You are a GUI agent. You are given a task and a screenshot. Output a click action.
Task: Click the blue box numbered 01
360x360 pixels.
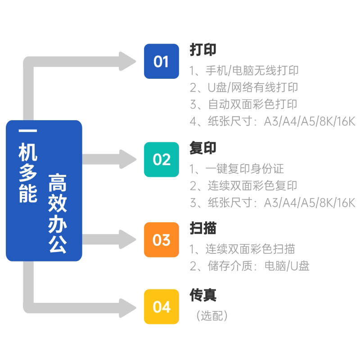pos(161,61)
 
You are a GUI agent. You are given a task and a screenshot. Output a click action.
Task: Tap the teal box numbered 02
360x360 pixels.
pos(161,159)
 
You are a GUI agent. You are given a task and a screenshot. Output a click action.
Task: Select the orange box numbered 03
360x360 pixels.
pos(161,240)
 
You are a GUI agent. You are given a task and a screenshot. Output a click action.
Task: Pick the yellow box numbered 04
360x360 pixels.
pos(161,307)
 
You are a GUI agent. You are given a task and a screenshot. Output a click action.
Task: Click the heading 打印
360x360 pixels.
pos(203,50)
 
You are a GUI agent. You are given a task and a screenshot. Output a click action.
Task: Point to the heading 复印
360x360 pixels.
pos(203,148)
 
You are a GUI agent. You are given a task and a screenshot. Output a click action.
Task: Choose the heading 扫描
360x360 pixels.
pos(203,228)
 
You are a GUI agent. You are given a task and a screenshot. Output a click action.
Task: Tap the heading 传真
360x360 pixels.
pos(203,295)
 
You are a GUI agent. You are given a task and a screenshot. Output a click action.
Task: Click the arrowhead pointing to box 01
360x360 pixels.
pos(128,61)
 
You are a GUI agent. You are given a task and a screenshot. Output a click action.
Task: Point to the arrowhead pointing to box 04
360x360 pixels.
pos(128,307)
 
